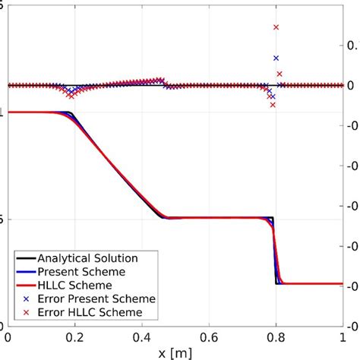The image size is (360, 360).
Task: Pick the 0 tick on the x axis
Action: (x=8, y=336)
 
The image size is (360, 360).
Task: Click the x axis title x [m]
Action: (x=175, y=352)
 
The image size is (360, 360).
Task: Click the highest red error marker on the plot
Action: (x=276, y=27)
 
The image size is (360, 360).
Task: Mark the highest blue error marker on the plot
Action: (x=276, y=58)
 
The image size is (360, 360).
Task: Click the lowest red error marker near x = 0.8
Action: (x=273, y=105)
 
